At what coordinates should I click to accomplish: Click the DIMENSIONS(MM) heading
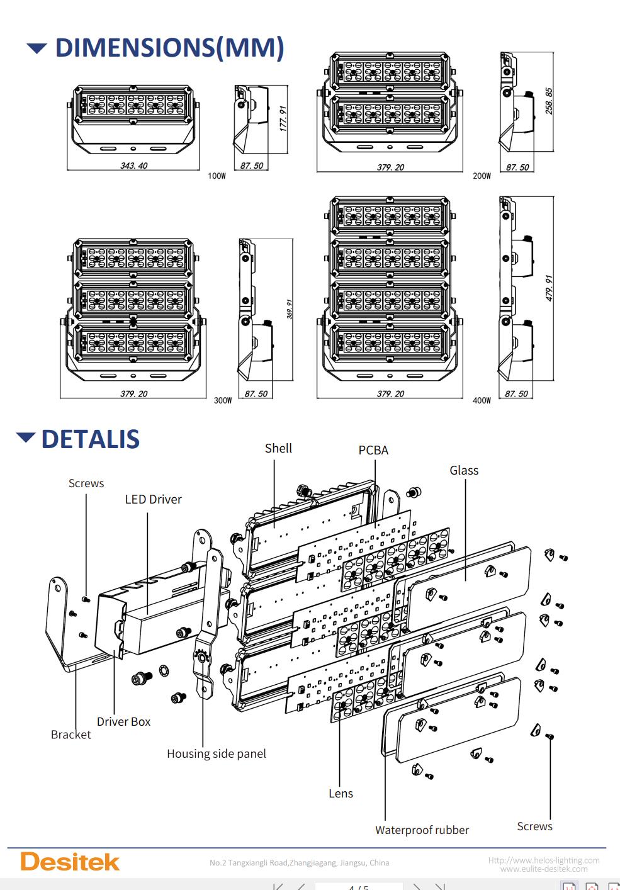[169, 48]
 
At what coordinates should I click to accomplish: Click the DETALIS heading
[90, 439]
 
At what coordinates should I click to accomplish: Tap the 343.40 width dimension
[133, 166]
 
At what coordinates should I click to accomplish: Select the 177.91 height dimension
[283, 118]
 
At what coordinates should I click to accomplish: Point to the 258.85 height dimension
[549, 101]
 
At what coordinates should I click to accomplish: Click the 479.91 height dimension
[549, 288]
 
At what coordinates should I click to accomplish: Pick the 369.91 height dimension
[289, 309]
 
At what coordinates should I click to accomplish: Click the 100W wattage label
[217, 176]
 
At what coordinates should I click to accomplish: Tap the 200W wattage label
[482, 176]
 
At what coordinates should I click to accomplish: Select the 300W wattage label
[223, 400]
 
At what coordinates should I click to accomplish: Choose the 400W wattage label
[482, 400]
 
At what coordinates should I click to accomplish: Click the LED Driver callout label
[153, 500]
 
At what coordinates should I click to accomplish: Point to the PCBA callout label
[373, 451]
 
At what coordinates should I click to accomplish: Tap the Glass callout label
[464, 471]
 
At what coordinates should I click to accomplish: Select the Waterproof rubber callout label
[422, 830]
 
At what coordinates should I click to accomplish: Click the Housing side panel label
[216, 754]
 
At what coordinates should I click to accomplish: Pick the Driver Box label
[123, 722]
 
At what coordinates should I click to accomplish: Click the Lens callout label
[341, 794]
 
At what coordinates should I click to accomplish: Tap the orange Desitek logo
[70, 862]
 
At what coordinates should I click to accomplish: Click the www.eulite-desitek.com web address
[544, 869]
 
